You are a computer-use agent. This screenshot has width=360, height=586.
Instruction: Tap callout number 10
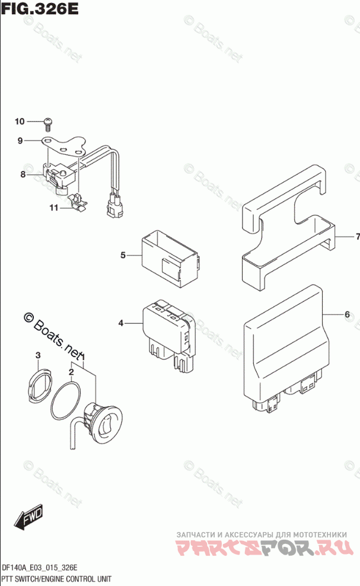click(20, 122)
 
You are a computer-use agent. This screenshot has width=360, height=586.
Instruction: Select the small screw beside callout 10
click(48, 123)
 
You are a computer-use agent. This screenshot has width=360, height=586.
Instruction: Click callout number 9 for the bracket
click(20, 141)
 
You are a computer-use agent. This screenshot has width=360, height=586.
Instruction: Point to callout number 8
click(23, 174)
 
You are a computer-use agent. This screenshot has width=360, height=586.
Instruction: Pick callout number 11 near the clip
click(54, 208)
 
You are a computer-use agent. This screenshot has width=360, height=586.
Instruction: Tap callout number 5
click(123, 255)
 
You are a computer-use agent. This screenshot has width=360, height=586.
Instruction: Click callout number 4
click(121, 323)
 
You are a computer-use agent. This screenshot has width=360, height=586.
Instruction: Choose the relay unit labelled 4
click(168, 332)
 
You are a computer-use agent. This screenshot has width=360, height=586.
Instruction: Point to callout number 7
click(358, 237)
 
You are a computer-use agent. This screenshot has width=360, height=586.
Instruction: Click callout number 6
click(347, 314)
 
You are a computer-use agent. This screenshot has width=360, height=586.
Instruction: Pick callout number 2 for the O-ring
click(71, 372)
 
